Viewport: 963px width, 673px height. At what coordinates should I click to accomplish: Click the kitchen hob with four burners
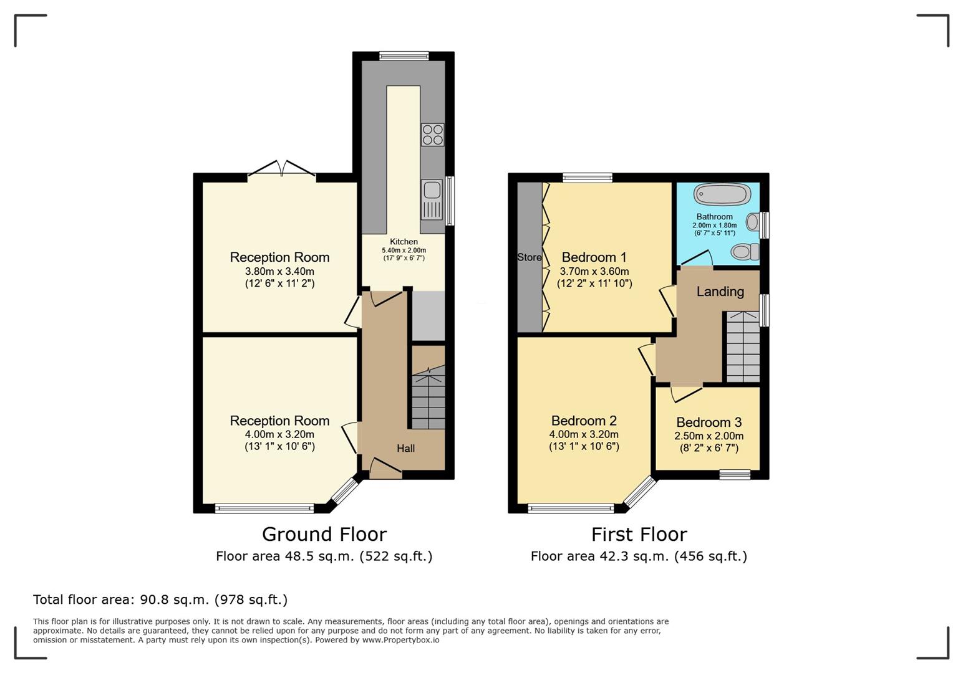(432, 135)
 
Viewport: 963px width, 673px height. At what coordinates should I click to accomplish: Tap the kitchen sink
(432, 199)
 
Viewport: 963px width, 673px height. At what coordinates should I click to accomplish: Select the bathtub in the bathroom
(722, 194)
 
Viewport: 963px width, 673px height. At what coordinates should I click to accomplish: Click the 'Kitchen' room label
(404, 242)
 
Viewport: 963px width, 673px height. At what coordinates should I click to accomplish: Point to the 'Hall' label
(405, 449)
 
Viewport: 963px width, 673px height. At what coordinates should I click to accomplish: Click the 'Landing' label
(720, 292)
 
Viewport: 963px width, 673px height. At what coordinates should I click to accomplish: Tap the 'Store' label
(530, 257)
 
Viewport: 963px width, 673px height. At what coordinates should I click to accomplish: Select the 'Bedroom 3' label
(709, 422)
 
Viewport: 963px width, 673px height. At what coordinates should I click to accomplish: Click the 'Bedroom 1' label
(594, 257)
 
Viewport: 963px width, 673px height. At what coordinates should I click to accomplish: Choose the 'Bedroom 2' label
(584, 421)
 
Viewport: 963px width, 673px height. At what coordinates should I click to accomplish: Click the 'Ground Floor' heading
(324, 534)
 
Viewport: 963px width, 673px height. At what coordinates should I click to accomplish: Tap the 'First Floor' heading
(639, 534)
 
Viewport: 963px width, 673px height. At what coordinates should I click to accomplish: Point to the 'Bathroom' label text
(715, 217)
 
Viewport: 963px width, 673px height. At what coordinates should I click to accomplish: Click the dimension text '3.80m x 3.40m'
(279, 272)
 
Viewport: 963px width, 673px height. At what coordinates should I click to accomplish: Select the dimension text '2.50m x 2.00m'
(709, 436)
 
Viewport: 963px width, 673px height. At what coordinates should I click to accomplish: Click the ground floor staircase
(428, 398)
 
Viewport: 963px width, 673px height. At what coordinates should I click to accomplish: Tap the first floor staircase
(743, 347)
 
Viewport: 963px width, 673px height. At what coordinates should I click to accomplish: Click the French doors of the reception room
(281, 169)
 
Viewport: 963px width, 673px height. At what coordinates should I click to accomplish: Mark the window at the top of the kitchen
(404, 56)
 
